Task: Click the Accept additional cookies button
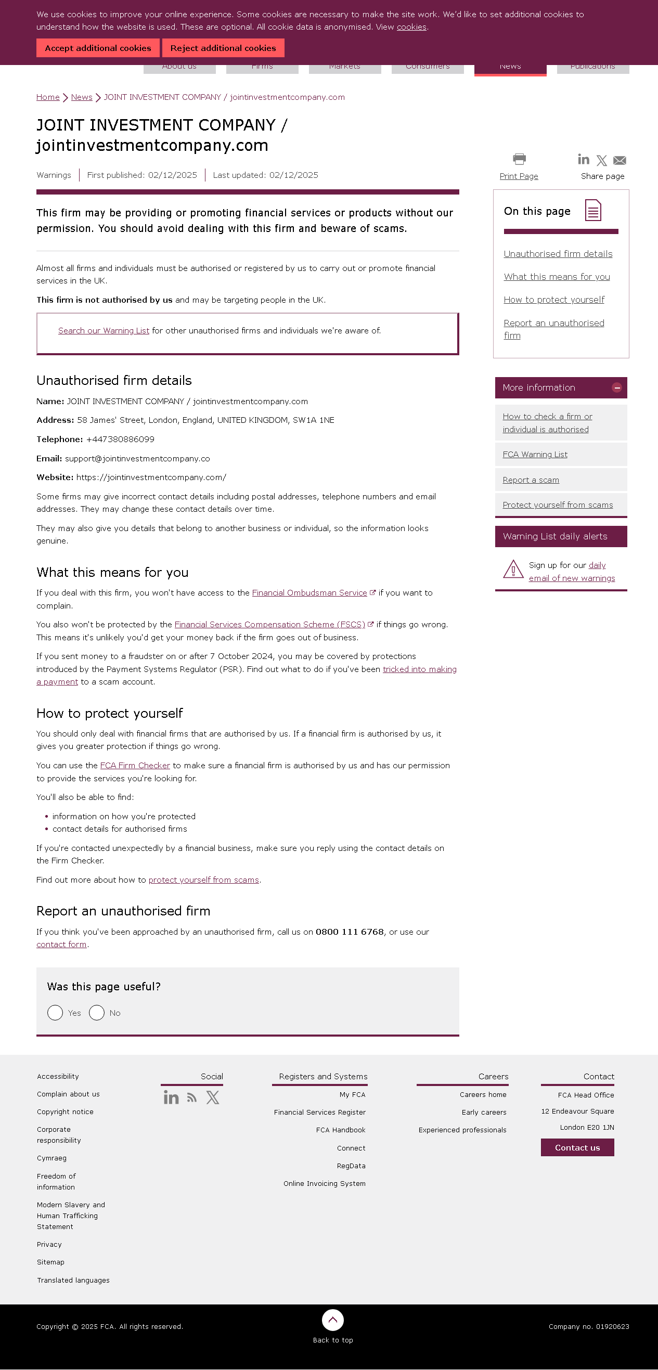[x=98, y=48]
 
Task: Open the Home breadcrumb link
[x=48, y=97]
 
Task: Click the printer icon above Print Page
[x=519, y=159]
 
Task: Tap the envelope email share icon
[x=620, y=160]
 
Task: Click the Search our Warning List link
[x=104, y=331]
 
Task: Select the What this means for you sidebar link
[x=557, y=277]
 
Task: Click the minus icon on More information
[x=617, y=387]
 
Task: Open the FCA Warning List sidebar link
[x=535, y=455]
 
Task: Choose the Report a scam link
[x=531, y=480]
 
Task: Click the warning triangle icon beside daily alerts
[x=513, y=570]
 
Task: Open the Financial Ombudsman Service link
[x=309, y=593]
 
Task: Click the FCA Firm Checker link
[x=135, y=766]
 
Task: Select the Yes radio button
[x=55, y=1013]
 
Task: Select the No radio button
[x=97, y=1013]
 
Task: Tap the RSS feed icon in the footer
[x=192, y=1097]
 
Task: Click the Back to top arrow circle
[x=332, y=1320]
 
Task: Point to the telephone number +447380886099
[x=120, y=440]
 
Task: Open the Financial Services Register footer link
[x=320, y=1113]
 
